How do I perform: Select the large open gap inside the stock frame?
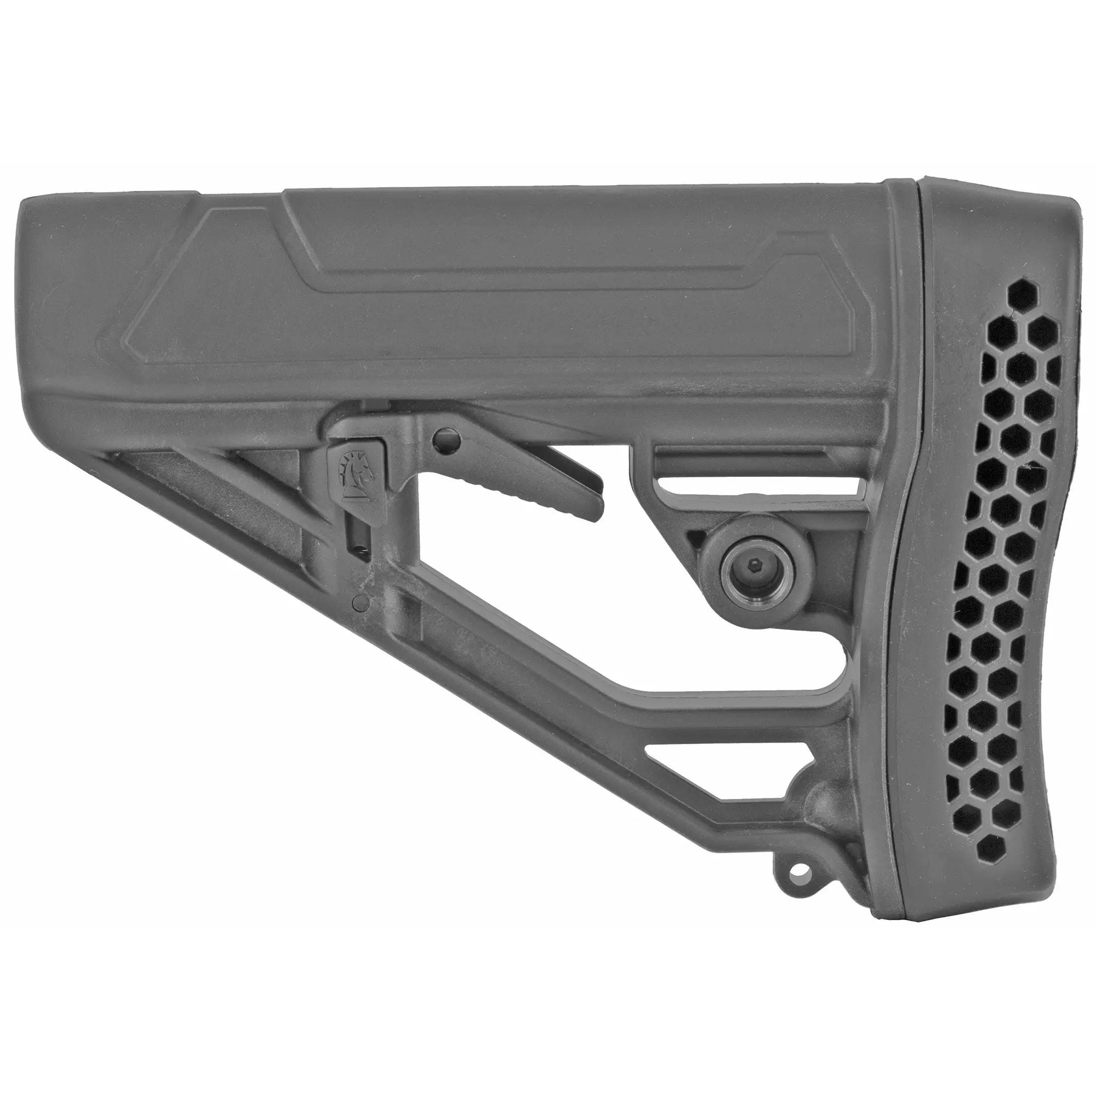click(567, 596)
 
